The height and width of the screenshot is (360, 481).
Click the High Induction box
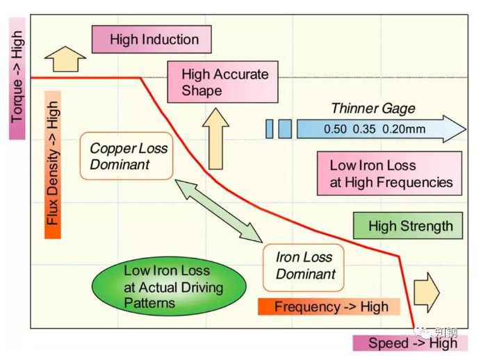(x=152, y=39)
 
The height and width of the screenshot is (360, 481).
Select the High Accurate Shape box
(x=222, y=82)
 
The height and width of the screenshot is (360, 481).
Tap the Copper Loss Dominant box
(x=127, y=156)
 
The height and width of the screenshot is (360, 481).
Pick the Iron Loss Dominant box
(x=303, y=268)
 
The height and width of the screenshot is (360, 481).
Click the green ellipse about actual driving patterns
(x=169, y=286)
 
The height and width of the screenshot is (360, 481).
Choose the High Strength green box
(x=408, y=226)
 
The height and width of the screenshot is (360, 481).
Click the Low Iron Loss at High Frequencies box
(x=389, y=174)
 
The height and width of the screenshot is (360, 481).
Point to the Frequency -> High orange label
(x=329, y=306)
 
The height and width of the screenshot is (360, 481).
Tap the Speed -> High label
(x=410, y=343)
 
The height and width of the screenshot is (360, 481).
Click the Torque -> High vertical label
(x=17, y=79)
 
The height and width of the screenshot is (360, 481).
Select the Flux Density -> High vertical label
(x=53, y=165)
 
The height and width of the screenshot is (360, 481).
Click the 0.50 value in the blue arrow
(x=335, y=129)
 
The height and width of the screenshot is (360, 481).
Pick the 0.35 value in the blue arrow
(x=364, y=129)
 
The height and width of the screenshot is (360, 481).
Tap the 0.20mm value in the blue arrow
(x=404, y=129)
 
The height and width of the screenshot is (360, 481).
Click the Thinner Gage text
(x=373, y=108)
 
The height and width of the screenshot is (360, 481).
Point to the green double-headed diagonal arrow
(x=219, y=211)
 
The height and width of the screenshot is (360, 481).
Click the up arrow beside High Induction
(x=65, y=59)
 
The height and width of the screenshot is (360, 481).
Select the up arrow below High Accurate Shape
(x=215, y=138)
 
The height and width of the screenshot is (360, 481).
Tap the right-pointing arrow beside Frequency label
(x=427, y=292)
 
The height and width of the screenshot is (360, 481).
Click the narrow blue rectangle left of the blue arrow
(x=269, y=129)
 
